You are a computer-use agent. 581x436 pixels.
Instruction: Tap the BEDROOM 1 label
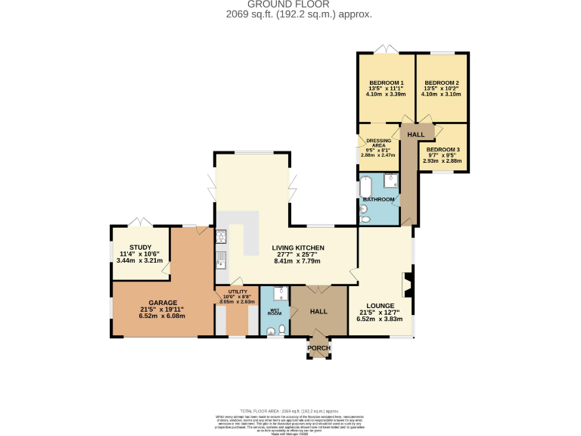click(x=386, y=83)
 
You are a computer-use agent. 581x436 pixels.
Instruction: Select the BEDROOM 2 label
click(x=442, y=83)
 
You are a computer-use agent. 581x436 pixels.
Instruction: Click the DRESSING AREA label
click(x=378, y=142)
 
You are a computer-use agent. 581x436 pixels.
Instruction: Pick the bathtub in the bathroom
click(x=365, y=186)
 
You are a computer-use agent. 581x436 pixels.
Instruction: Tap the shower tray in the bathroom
click(x=391, y=181)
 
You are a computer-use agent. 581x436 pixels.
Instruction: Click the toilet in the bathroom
click(x=365, y=219)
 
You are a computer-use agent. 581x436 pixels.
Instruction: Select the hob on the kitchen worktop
click(x=222, y=237)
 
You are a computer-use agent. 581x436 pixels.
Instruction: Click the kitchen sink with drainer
click(x=221, y=262)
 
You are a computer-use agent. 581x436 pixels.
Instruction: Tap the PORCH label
click(x=318, y=347)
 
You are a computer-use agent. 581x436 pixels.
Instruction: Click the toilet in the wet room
click(x=281, y=329)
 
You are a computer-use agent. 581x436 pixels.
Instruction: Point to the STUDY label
click(x=140, y=248)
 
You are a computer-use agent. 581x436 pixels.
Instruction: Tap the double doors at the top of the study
click(x=140, y=222)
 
